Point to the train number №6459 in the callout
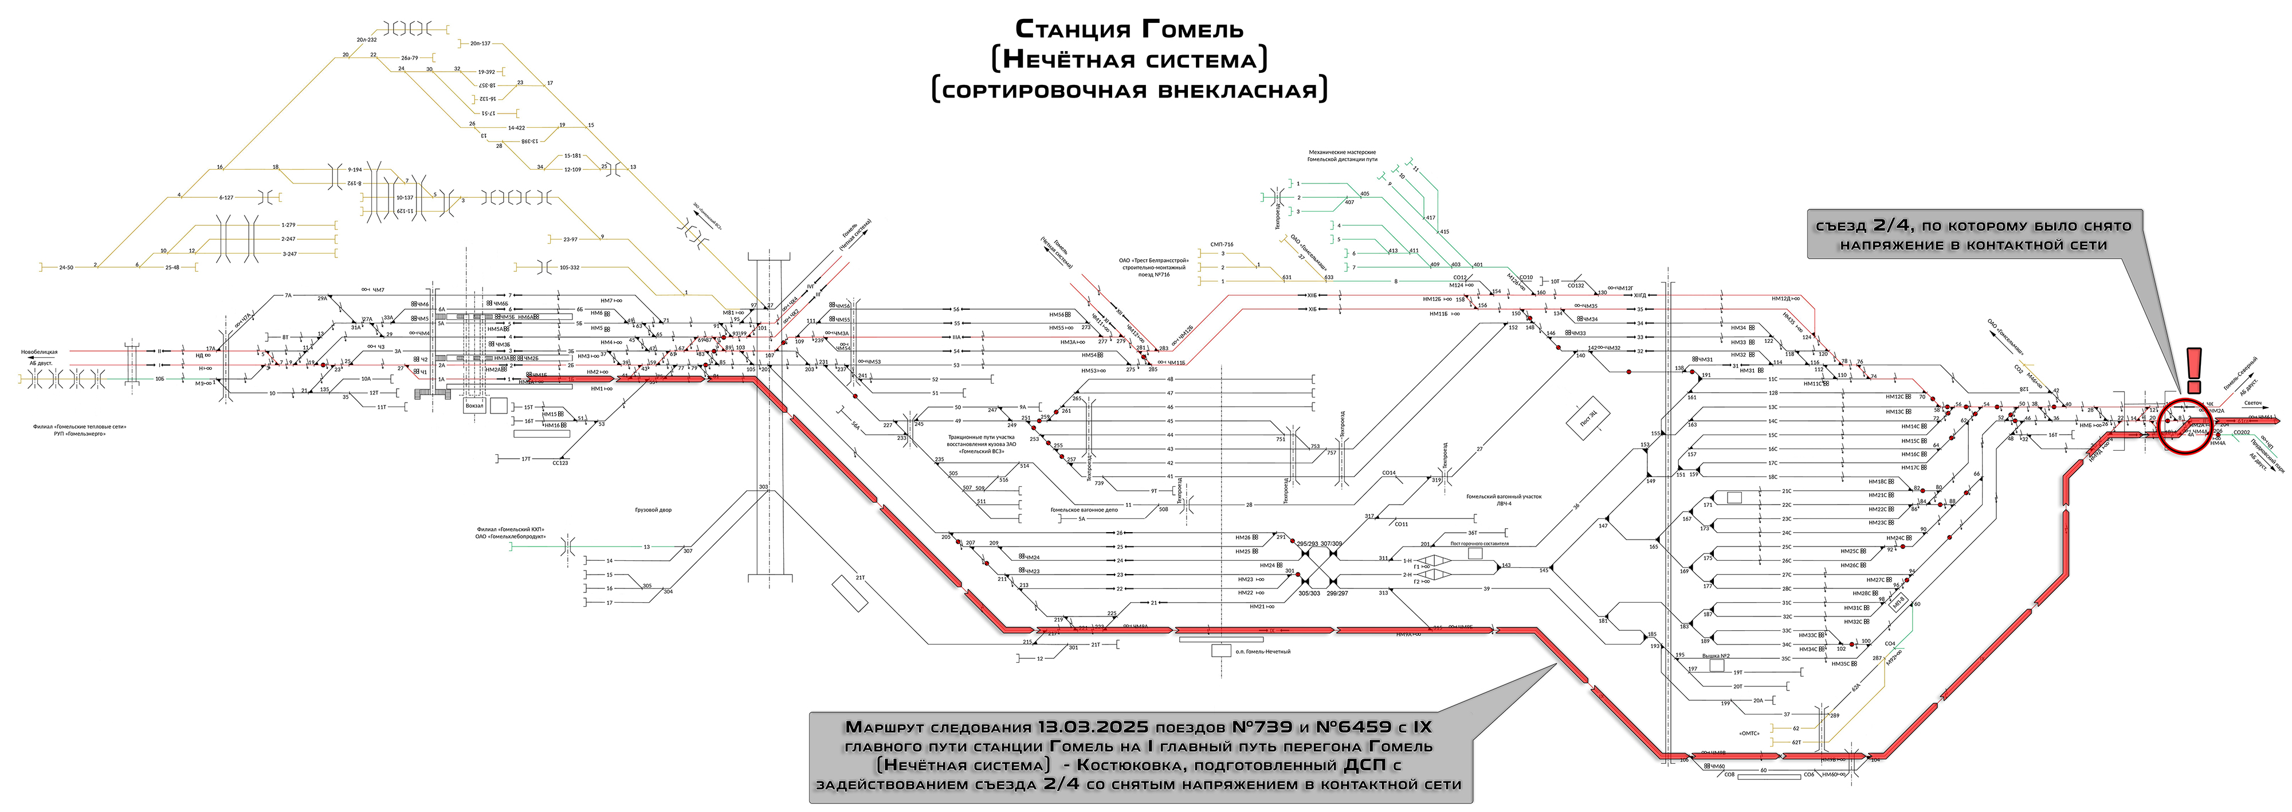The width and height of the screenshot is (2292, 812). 1348,727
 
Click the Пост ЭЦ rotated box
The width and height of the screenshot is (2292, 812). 1588,417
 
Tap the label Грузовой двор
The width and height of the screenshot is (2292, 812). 653,510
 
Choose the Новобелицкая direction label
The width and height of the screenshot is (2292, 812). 39,353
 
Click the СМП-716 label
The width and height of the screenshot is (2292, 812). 1222,244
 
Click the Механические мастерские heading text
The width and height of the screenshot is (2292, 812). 1342,153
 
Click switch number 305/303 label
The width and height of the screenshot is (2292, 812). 1309,593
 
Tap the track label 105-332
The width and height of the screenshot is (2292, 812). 568,267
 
